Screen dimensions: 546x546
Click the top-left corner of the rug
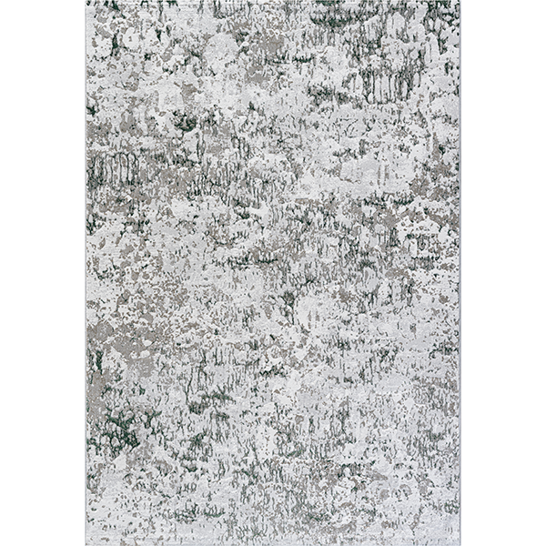(86, 2)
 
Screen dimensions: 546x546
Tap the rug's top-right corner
(460, 2)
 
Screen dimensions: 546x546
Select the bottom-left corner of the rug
(86, 544)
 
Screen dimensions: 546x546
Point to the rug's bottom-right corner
(460, 544)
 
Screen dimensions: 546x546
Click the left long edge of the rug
(86, 273)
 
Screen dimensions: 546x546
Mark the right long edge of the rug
(460, 273)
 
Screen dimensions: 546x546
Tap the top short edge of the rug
(273, 2)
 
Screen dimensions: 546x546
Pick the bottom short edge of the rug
(273, 544)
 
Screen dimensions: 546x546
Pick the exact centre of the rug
(273, 273)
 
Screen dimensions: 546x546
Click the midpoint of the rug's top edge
(273, 2)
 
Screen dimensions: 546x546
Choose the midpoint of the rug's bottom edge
(273, 544)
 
